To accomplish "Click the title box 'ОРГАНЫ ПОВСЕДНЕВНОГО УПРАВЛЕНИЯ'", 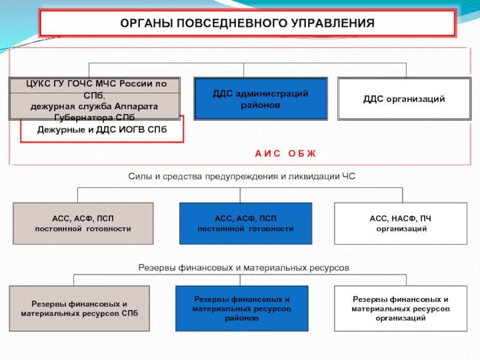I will point(247,23).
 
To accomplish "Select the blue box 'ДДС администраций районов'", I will point(260,98).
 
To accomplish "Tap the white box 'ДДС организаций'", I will point(404,98).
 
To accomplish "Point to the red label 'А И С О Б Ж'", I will point(285,154).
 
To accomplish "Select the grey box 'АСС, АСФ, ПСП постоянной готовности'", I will point(83,223).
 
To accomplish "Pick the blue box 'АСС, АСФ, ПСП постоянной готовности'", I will point(246,223).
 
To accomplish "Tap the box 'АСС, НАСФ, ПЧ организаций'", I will point(400,223).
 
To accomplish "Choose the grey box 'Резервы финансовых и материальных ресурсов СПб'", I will point(79,308).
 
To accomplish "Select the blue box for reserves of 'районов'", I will point(242,308).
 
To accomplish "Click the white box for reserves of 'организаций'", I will point(400,308).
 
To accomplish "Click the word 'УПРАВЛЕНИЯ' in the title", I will point(334,23).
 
